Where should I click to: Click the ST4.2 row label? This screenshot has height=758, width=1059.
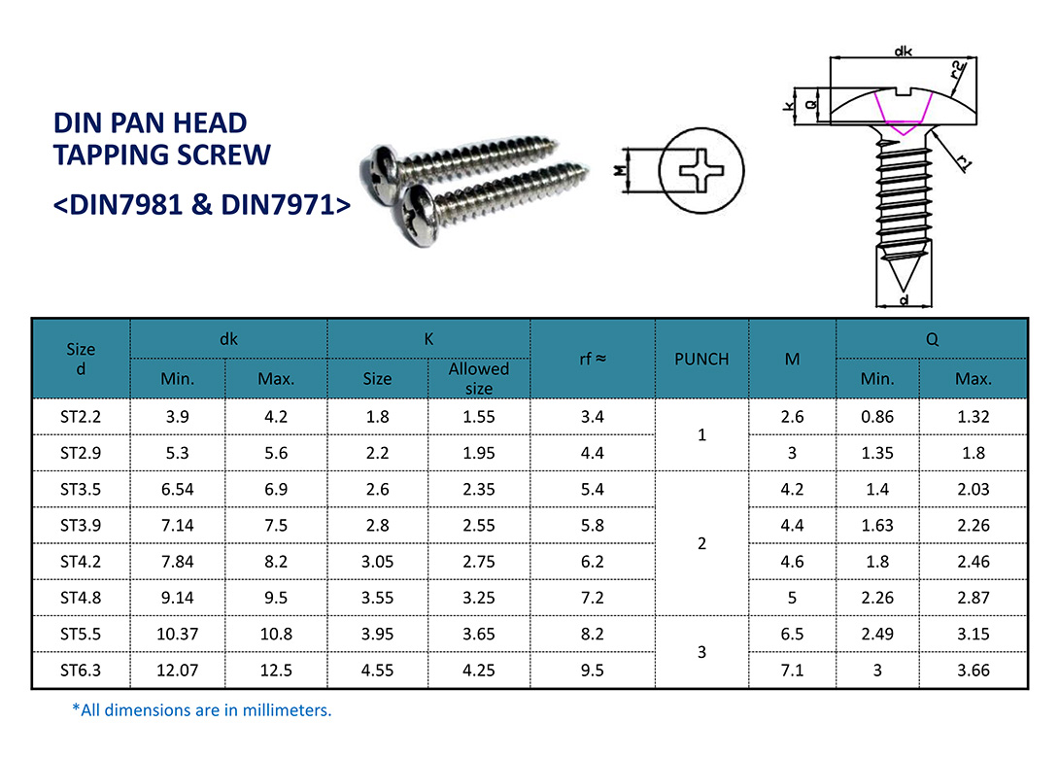pyautogui.click(x=81, y=562)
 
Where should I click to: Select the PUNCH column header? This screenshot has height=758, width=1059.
pyautogui.click(x=701, y=359)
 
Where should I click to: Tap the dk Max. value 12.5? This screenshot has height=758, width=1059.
pyautogui.click(x=276, y=671)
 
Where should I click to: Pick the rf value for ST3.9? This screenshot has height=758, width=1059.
pyautogui.click(x=593, y=526)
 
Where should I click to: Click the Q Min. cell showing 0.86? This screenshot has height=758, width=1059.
pyautogui.click(x=877, y=417)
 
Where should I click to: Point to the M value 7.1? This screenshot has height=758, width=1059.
pyautogui.click(x=792, y=671)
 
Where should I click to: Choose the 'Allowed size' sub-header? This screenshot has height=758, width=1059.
pyautogui.click(x=478, y=378)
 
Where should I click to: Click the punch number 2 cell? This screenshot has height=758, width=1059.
pyautogui.click(x=701, y=543)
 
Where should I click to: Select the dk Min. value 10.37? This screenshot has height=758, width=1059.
pyautogui.click(x=177, y=635)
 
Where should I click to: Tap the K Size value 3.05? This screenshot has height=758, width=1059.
pyautogui.click(x=377, y=562)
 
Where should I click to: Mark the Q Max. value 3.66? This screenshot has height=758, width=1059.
pyautogui.click(x=974, y=671)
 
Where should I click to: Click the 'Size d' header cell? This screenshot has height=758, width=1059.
pyautogui.click(x=81, y=359)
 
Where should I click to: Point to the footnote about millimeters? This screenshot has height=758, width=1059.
pyautogui.click(x=202, y=710)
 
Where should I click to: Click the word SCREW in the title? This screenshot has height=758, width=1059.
pyautogui.click(x=220, y=155)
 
